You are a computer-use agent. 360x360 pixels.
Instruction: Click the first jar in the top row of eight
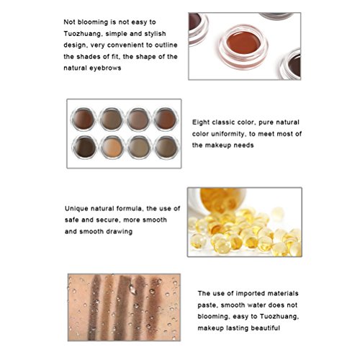pyautogui.click(x=83, y=120)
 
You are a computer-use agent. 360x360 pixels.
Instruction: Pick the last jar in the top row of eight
pyautogui.click(x=166, y=120)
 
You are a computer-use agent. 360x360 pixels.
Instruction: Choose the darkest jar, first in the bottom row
pyautogui.click(x=84, y=147)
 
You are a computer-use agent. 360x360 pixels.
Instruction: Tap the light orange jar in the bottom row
pyautogui.click(x=112, y=147)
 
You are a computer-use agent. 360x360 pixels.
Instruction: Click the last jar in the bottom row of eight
pyautogui.click(x=166, y=147)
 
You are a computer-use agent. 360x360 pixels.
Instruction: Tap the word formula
pyautogui.click(x=130, y=209)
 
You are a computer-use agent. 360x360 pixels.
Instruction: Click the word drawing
pyautogui.click(x=120, y=232)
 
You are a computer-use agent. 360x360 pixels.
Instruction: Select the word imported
pyautogui.click(x=251, y=294)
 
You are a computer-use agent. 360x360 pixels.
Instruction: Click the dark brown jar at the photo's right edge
pyautogui.click(x=291, y=64)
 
